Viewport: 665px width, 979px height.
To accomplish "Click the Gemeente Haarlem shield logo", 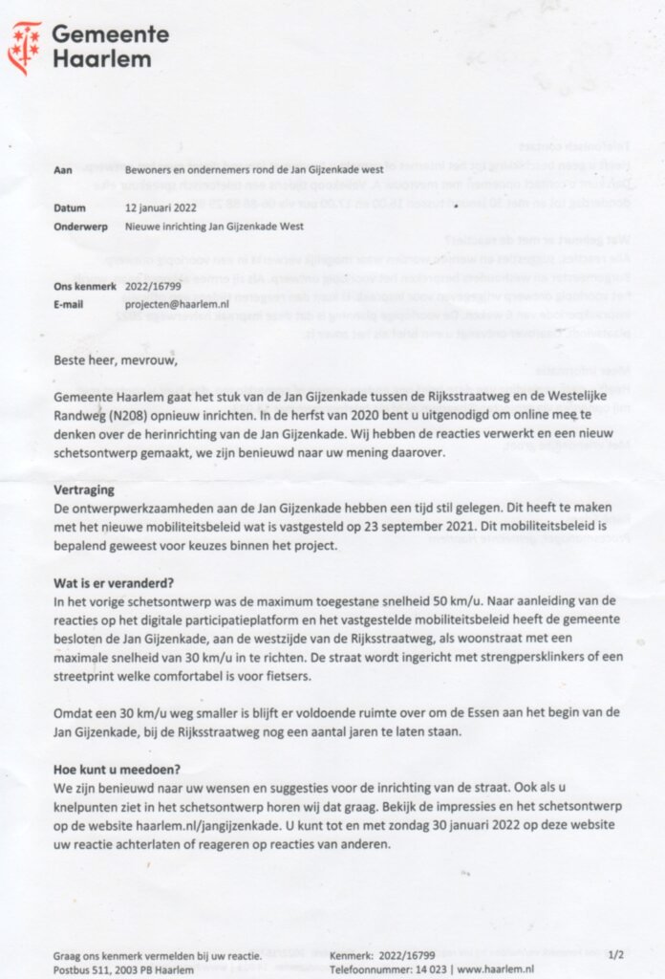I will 25,48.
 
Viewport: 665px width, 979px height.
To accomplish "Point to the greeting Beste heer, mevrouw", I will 116,359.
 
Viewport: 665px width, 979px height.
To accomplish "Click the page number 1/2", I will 616,954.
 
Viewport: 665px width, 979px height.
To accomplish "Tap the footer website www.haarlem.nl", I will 495,968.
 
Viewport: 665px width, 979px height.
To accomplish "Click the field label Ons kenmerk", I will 85,286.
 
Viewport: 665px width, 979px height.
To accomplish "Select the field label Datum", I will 70,207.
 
